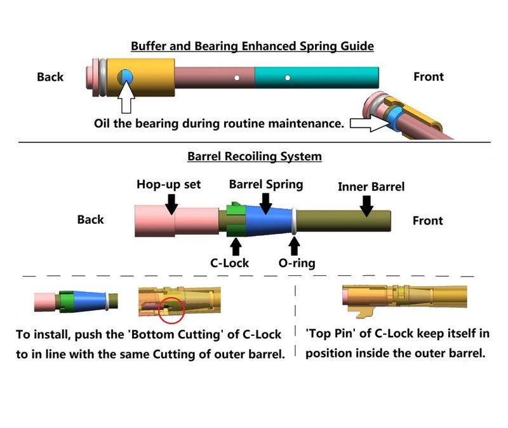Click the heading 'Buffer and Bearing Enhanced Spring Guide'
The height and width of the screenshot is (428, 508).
[x=251, y=46]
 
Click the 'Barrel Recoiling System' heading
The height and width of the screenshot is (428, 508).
[x=254, y=156]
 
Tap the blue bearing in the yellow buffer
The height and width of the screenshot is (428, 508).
[x=126, y=77]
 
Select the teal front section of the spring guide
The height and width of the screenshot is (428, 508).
[x=317, y=77]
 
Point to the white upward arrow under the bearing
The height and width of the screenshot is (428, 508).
[x=127, y=99]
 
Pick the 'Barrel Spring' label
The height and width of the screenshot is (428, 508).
[x=265, y=184]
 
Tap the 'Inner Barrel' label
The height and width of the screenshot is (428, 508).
[x=371, y=186]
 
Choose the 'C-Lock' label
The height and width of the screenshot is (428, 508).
[x=229, y=262]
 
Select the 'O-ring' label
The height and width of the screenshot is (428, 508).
[x=297, y=263]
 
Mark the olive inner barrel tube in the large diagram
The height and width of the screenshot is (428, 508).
[x=343, y=221]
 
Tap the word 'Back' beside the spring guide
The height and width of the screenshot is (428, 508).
[x=50, y=77]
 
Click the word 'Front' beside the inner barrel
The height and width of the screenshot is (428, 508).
[x=427, y=221]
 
